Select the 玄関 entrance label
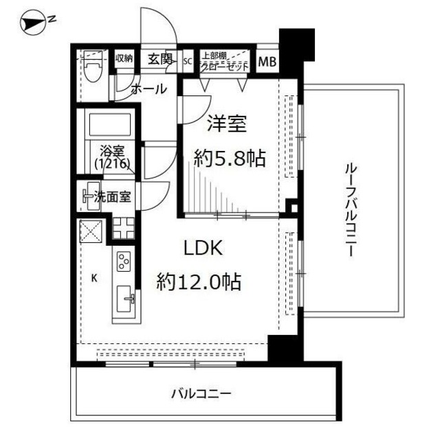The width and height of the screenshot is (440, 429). pos(160,60)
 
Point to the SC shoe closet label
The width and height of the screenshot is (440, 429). pos(188,60)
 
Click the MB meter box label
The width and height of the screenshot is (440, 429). pos(267,62)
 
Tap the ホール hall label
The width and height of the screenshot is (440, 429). pos(147,89)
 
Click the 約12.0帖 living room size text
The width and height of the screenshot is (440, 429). pos(199,281)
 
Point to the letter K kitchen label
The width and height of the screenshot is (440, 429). pos(94,278)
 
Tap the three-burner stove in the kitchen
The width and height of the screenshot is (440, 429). pos(124,262)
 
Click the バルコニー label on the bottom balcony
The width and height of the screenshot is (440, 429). pos(201,394)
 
